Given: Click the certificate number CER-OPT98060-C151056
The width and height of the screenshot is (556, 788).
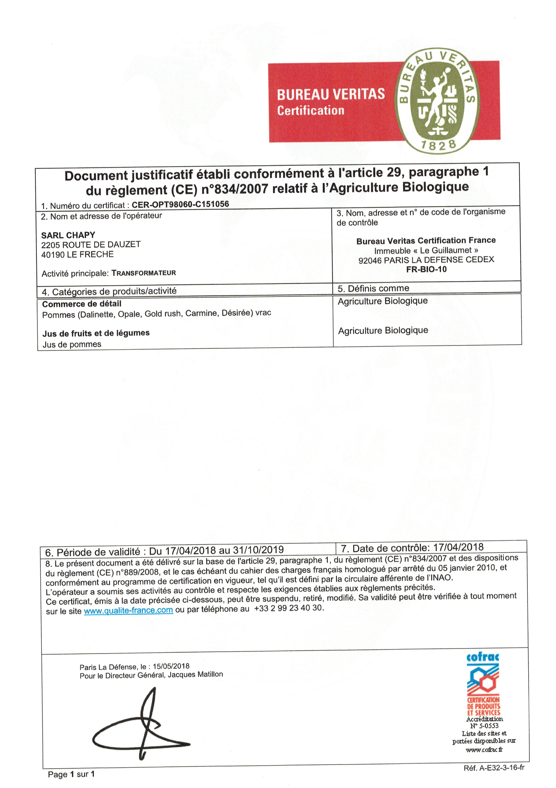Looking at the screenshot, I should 180,204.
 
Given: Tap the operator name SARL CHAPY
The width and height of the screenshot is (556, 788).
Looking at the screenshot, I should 68,235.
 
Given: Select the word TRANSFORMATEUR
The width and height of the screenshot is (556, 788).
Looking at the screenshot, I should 144,273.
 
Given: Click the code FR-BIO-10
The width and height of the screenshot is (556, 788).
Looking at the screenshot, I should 426,269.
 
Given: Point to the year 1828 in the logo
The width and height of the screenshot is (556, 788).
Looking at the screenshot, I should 439,145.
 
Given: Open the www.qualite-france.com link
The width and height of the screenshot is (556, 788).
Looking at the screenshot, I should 128,610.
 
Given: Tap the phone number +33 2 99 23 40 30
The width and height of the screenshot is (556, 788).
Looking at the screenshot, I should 289,608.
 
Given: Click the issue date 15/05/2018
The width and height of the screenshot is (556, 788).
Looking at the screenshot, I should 171,666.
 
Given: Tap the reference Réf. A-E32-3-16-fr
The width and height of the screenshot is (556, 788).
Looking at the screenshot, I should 493,768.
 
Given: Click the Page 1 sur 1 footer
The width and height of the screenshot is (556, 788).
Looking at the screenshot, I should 71,774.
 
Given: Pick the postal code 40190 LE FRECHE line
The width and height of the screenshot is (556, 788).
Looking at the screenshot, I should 77,254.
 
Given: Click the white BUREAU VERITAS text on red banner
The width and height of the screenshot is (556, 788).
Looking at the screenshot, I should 331,94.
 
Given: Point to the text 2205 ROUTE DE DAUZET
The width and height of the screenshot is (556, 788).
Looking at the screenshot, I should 91,245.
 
